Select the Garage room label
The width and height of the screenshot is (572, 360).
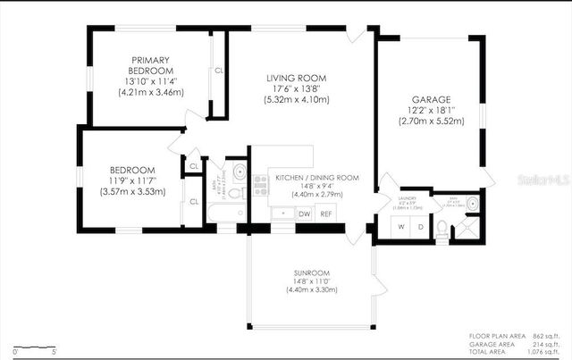tap(430, 99)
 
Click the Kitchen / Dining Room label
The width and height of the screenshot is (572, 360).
tap(316, 178)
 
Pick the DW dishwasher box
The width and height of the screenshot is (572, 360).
tap(304, 213)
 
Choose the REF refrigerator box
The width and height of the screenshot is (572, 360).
tap(326, 213)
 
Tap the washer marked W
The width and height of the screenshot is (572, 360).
tap(401, 227)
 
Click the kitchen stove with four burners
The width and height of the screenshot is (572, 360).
tap(261, 185)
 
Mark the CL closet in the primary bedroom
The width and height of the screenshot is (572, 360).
tap(219, 70)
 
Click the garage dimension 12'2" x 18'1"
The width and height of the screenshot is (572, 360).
tap(430, 110)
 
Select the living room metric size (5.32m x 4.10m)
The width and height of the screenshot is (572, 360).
tap(297, 99)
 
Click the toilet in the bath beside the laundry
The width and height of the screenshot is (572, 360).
tap(442, 228)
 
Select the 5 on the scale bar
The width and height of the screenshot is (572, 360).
tap(55, 351)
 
